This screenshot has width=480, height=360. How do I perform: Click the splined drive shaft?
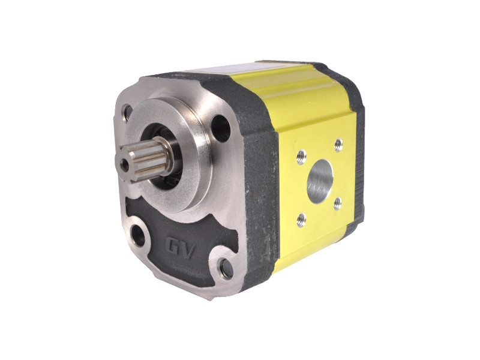click(x=144, y=160)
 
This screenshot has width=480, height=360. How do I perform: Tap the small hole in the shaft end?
click(x=125, y=165)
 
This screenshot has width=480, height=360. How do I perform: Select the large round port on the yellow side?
click(x=320, y=181)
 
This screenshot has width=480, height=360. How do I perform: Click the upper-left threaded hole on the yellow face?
click(x=302, y=157)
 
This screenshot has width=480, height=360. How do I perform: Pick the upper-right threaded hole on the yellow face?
click(x=338, y=145)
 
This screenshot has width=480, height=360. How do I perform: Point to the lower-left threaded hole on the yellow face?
click(x=301, y=220)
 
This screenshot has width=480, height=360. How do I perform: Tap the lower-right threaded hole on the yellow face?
click(x=337, y=203)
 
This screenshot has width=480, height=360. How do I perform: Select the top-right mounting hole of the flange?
click(x=220, y=128)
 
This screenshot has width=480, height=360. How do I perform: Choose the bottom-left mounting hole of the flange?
click(x=137, y=235)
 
